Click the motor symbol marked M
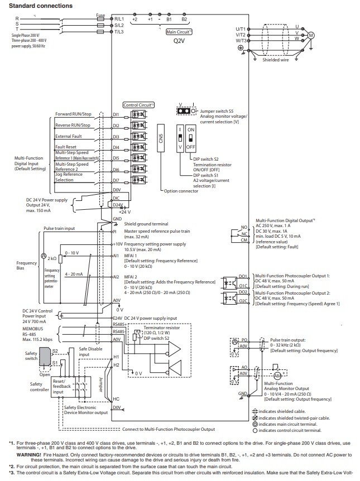click(x=312, y=34)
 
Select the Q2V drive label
click(x=179, y=41)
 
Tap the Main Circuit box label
click(x=179, y=32)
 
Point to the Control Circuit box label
click(x=138, y=104)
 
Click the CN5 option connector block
click(x=160, y=143)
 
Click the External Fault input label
click(x=69, y=136)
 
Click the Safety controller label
click(x=40, y=387)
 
